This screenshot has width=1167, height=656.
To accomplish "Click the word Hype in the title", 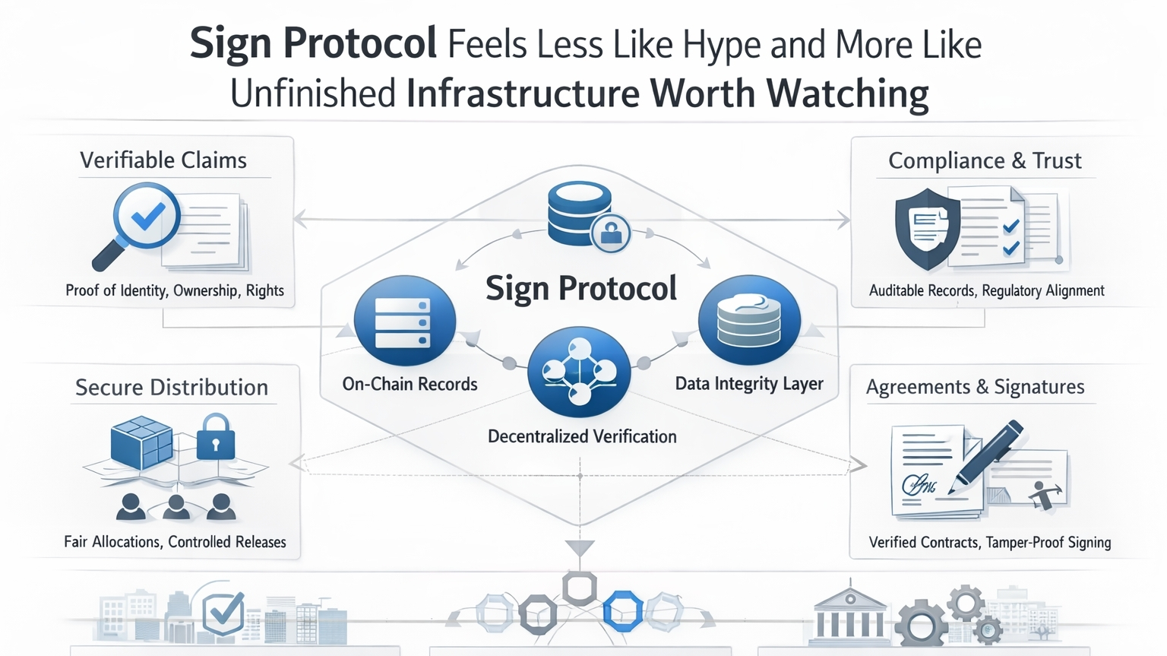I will point(722,46).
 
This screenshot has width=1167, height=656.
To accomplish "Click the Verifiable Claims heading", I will point(163,160).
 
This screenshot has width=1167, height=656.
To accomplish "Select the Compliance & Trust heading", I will point(985,160).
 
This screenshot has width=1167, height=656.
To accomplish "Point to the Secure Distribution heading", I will point(172,388).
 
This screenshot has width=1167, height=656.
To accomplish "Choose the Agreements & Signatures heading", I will point(975,387).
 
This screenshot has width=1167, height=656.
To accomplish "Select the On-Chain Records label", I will point(410,384).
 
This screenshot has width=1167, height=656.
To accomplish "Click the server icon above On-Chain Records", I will point(404,322).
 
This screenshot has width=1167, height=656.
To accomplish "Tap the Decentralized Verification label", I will point(582,436).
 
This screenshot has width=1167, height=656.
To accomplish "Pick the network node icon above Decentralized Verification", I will point(579,372).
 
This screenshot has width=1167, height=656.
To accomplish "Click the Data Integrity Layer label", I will point(749,384).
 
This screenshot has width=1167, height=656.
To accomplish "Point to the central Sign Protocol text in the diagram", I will point(581,289).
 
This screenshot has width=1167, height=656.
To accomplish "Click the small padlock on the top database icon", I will point(611,233).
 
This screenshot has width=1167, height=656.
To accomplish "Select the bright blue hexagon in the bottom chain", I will point(623,610).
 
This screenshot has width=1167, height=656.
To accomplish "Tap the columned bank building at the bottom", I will point(849,614).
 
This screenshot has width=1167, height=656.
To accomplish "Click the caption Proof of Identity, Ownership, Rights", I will point(175,290).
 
